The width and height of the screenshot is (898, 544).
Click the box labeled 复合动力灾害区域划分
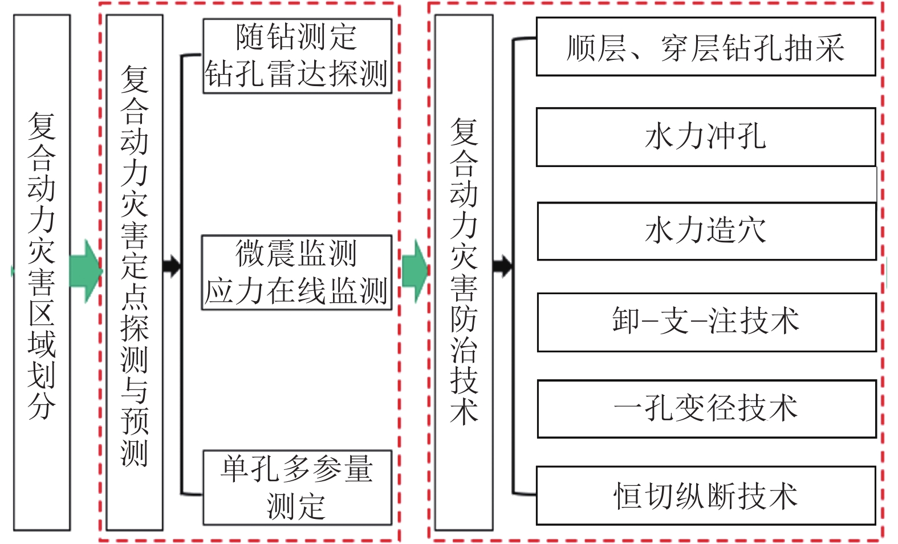pos(42,271)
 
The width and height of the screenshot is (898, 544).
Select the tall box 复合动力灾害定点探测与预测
pos(135,271)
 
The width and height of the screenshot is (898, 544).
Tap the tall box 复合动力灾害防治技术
pos(464,271)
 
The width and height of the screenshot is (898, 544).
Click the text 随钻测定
pos(296,38)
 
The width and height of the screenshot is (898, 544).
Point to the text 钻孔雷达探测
pos(296,74)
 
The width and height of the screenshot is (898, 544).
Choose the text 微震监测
pos(296,254)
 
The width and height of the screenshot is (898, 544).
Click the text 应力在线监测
pos(296,291)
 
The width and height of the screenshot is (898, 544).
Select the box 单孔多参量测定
pos(297,488)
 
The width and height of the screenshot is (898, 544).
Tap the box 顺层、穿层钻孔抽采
pos(705,47)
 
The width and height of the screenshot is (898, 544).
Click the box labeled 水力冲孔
pos(705,137)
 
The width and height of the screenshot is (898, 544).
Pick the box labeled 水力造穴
pos(706,231)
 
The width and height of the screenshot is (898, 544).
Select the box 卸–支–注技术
pos(706,322)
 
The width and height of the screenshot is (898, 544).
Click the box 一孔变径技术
pos(706,409)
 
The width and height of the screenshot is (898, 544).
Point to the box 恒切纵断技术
pos(705,496)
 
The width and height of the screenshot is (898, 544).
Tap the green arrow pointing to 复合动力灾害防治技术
pos(415,271)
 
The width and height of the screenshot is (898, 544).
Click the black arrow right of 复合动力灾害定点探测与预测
pos(172,266)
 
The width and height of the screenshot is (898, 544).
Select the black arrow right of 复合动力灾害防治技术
pos(502,266)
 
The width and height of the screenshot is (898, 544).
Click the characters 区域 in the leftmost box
pos(42,329)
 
